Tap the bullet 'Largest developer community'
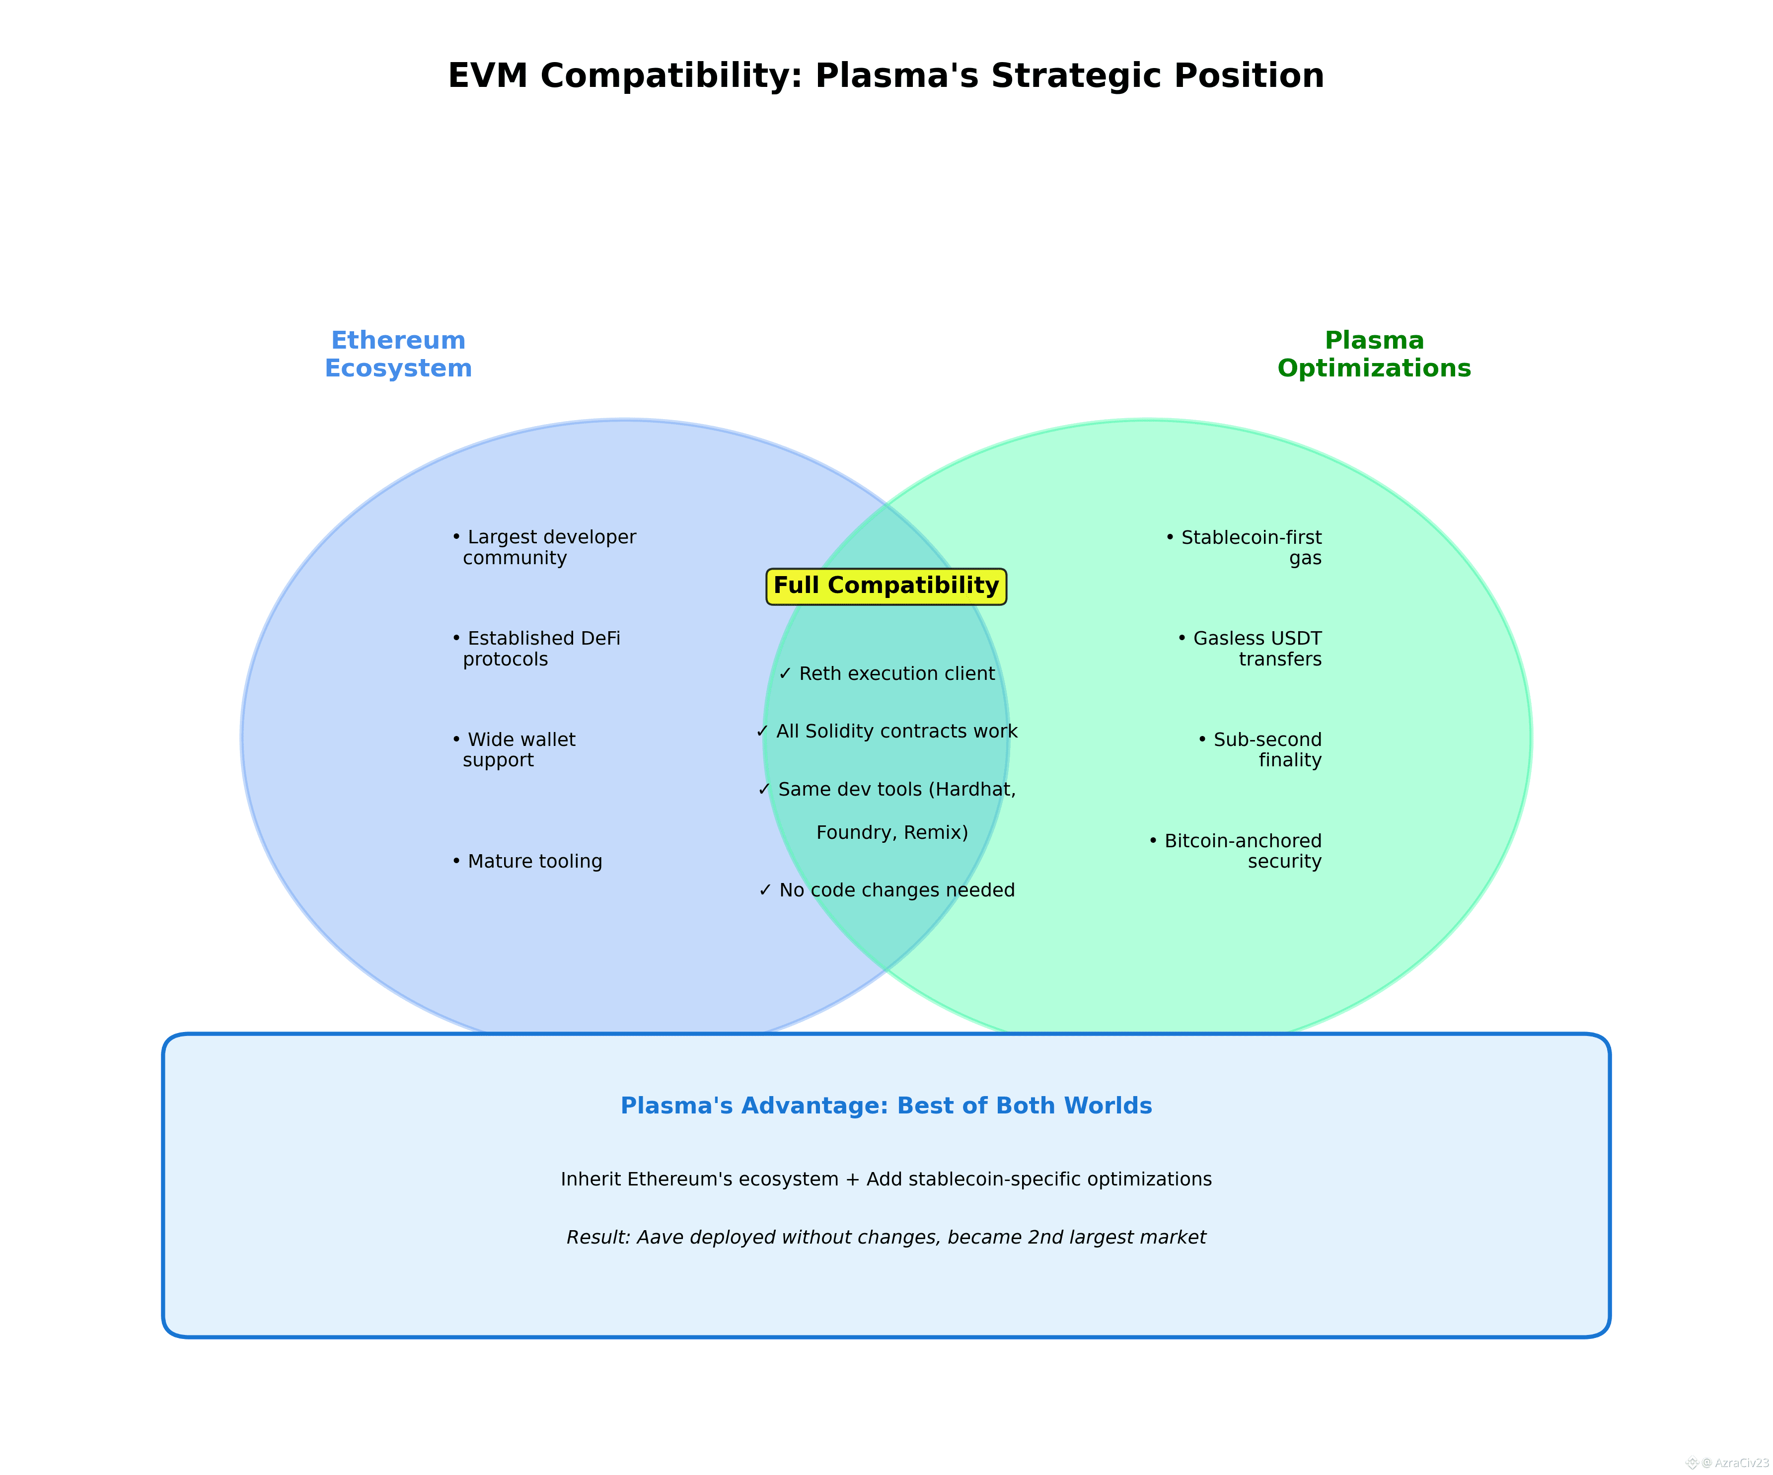pyautogui.click(x=544, y=547)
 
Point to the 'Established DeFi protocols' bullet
pyautogui.click(x=536, y=649)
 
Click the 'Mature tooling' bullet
pyautogui.click(x=527, y=861)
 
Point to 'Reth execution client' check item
pyautogui.click(x=886, y=674)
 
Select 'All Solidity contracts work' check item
pyautogui.click(x=886, y=731)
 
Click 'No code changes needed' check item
pyautogui.click(x=886, y=890)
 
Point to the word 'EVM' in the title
pyautogui.click(x=487, y=76)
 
